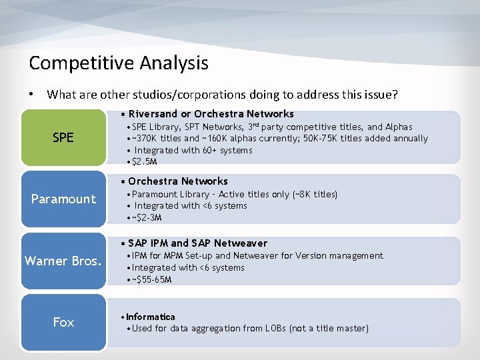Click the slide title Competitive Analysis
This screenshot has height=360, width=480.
119,63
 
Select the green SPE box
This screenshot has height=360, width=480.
63,138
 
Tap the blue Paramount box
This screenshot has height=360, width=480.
63,199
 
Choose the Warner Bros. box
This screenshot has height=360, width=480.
63,261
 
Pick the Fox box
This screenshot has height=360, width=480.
63,323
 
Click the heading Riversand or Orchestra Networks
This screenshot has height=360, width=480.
211,114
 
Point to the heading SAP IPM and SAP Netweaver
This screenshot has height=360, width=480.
197,243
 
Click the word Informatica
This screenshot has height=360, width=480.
150,317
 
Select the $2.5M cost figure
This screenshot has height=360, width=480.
145,162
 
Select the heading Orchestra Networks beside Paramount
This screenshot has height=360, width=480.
177,181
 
